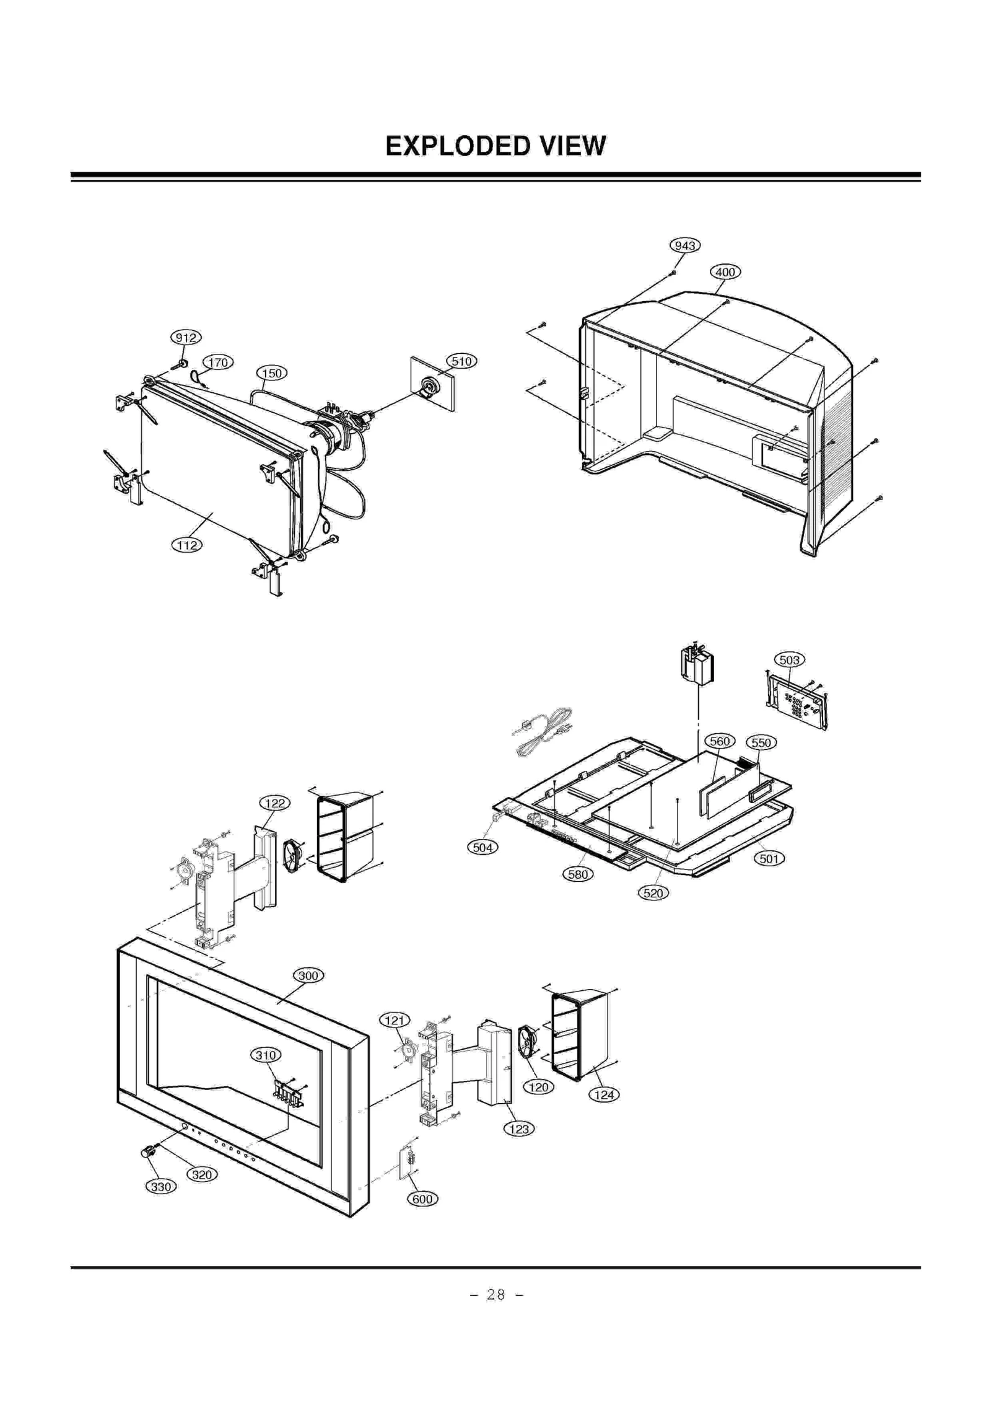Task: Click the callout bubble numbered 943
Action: [x=684, y=245]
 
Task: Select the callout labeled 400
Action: [x=725, y=271]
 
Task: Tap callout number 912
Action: [x=186, y=337]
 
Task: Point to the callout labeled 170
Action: [x=218, y=363]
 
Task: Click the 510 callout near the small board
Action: [x=461, y=361]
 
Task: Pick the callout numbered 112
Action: [x=186, y=545]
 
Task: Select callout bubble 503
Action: [x=789, y=659]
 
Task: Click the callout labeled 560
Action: [x=720, y=741]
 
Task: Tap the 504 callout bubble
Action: [x=482, y=847]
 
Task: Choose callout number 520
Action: [x=653, y=893]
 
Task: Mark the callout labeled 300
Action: [x=308, y=975]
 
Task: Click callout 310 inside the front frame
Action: [x=266, y=1055]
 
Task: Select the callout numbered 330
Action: [x=160, y=1186]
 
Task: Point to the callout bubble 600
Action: [x=422, y=1198]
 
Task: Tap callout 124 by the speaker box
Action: [x=604, y=1094]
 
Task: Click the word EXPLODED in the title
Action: [x=457, y=146]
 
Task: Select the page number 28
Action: [x=495, y=1294]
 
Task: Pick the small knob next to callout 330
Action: [x=147, y=1152]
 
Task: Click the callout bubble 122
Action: [x=274, y=803]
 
